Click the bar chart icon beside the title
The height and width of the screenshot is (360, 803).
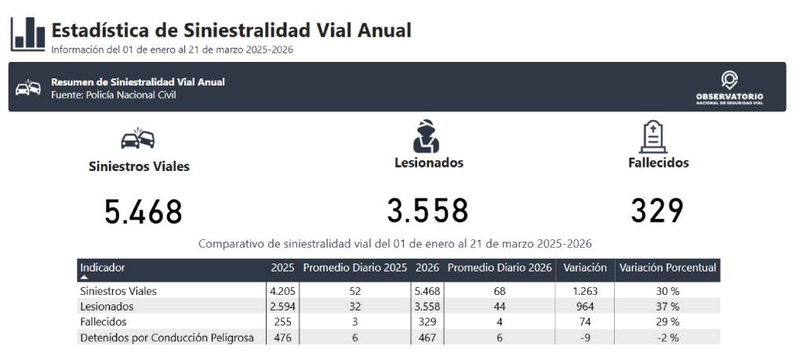[27, 35]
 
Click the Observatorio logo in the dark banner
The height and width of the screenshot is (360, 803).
[729, 88]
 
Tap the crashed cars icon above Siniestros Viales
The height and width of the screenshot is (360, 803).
[138, 138]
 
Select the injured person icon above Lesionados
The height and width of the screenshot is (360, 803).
[426, 136]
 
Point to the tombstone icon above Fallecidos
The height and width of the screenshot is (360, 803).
[653, 136]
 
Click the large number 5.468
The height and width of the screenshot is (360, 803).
[144, 212]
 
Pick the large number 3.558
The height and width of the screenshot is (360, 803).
[427, 210]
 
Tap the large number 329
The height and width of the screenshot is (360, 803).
[657, 210]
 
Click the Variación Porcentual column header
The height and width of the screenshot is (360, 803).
[668, 267]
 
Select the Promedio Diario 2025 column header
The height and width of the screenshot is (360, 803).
[355, 267]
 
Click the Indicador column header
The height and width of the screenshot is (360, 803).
[103, 267]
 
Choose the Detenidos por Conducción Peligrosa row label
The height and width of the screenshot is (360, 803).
[167, 338]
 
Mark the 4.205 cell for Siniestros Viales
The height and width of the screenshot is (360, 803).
[282, 292]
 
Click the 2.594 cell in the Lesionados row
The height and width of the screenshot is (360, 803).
[282, 307]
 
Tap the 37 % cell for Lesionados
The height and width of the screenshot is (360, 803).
[668, 307]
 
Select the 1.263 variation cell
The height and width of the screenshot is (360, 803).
[584, 292]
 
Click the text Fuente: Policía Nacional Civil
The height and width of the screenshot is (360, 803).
[113, 95]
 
